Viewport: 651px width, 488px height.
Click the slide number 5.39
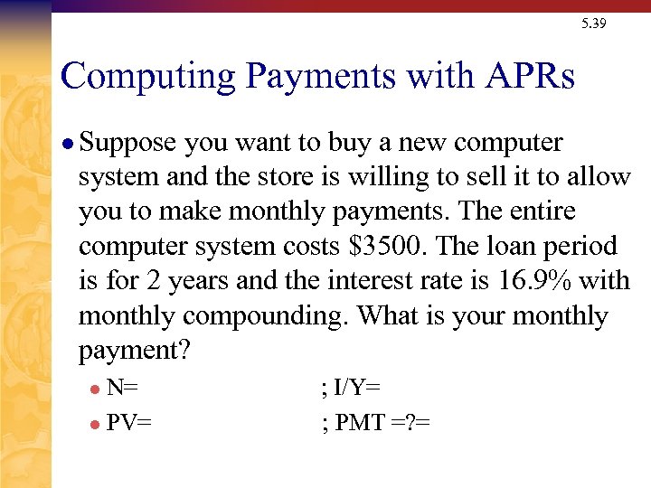pyautogui.click(x=594, y=23)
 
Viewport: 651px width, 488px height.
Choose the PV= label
pyautogui.click(x=129, y=421)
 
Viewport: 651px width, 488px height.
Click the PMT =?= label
pyautogui.click(x=382, y=421)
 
